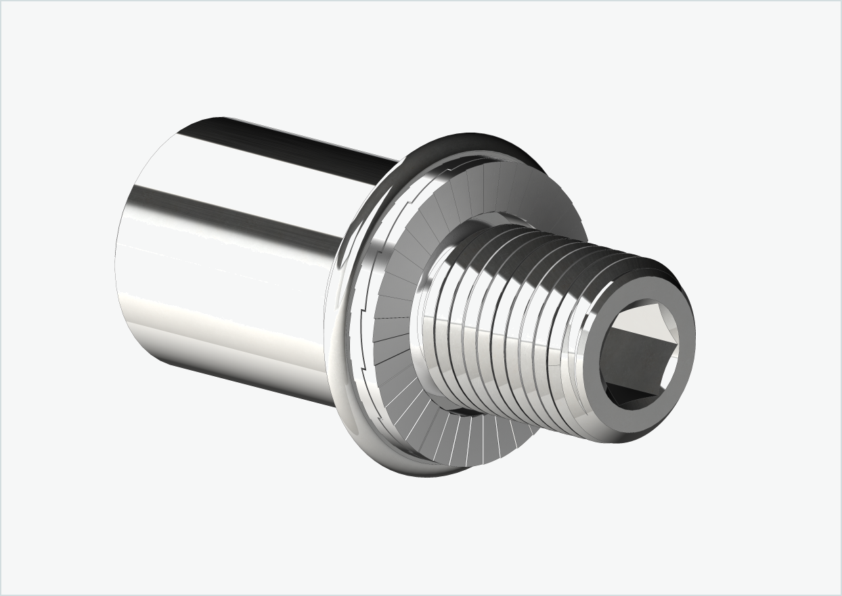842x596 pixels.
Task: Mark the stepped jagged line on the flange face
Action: tap(362, 304)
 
